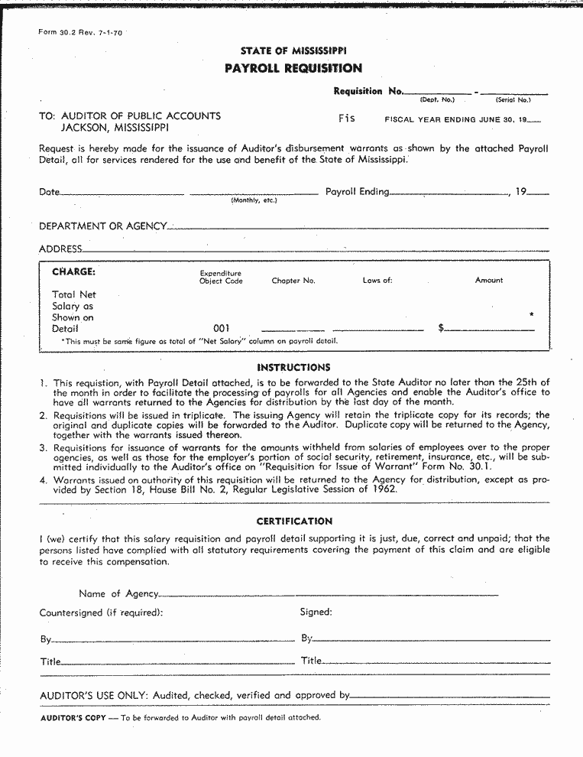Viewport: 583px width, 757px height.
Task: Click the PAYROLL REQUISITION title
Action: (293, 69)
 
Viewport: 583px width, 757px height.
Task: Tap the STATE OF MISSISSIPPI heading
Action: (293, 50)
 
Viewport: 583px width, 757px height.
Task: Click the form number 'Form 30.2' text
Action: (53, 33)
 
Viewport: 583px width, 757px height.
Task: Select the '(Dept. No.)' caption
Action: (437, 99)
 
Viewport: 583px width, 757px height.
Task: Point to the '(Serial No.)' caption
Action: (513, 99)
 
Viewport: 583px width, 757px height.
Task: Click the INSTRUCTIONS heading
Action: (294, 368)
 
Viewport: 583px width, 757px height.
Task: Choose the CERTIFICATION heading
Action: (294, 521)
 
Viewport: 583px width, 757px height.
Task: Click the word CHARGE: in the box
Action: (73, 271)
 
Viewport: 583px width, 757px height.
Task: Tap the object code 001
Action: (222, 328)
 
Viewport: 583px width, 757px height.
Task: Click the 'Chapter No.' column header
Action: (293, 281)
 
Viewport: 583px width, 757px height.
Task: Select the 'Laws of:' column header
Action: (377, 281)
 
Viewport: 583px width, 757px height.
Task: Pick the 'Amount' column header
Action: (489, 281)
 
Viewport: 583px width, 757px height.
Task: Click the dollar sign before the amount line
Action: (442, 328)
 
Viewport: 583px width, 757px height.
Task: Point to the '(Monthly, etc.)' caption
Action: (254, 200)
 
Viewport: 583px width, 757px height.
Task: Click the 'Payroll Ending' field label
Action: (358, 192)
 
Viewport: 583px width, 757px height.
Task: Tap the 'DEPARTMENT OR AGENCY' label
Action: (103, 226)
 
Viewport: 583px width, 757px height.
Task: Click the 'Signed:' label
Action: (316, 612)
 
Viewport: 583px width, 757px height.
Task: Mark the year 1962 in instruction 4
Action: (384, 489)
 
